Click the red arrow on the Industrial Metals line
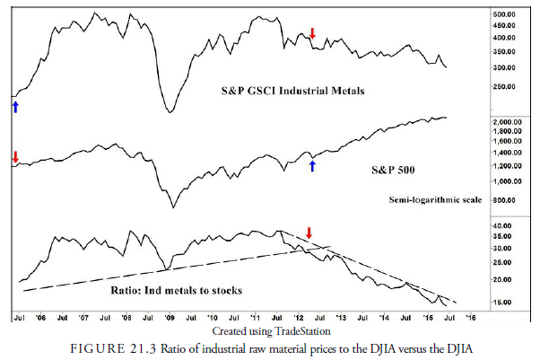point(312,34)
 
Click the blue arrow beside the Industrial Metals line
point(14,107)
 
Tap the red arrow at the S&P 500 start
point(14,157)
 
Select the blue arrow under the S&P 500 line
point(312,165)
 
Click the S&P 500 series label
point(395,169)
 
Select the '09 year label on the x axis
point(170,318)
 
